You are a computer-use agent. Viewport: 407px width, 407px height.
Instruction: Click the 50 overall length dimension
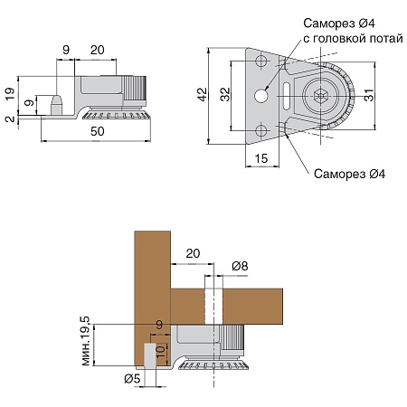pyautogui.click(x=98, y=131)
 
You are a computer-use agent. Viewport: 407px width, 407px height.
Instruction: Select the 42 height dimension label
pyautogui.click(x=203, y=94)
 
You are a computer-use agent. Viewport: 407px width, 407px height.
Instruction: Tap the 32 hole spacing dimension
pyautogui.click(x=225, y=94)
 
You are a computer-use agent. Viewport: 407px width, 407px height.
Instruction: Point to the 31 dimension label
pyautogui.click(x=369, y=95)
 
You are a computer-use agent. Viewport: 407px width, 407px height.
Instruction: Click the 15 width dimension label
pyautogui.click(x=261, y=158)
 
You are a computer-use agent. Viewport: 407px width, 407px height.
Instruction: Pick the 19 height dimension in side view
pyautogui.click(x=10, y=94)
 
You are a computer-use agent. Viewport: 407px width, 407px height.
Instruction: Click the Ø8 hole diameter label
pyautogui.click(x=240, y=266)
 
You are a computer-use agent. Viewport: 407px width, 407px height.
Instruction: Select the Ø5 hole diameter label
pyautogui.click(x=132, y=379)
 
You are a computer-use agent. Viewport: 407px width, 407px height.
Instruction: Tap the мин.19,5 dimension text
pyautogui.click(x=86, y=341)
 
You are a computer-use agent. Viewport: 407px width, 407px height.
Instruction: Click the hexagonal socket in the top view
pyautogui.click(x=320, y=96)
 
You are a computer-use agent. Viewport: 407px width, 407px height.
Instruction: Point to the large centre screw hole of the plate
pyautogui.click(x=261, y=96)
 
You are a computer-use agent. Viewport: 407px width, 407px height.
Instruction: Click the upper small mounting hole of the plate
pyautogui.click(x=261, y=61)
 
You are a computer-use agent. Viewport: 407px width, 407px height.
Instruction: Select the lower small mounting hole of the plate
pyautogui.click(x=261, y=131)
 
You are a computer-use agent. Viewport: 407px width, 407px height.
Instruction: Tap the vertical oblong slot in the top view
pyautogui.click(x=286, y=96)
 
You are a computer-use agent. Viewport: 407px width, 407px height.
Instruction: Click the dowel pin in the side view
pyautogui.click(x=56, y=105)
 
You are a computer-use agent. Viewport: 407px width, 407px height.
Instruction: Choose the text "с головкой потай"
pyautogui.click(x=353, y=39)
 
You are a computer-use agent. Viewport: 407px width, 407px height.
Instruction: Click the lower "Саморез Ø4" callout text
pyautogui.click(x=349, y=174)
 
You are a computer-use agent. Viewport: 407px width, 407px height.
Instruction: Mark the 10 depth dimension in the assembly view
pyautogui.click(x=161, y=351)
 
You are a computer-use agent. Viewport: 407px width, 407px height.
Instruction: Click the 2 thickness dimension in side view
pyautogui.click(x=10, y=118)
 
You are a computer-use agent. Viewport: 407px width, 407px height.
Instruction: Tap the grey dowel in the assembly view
pyautogui.click(x=150, y=355)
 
